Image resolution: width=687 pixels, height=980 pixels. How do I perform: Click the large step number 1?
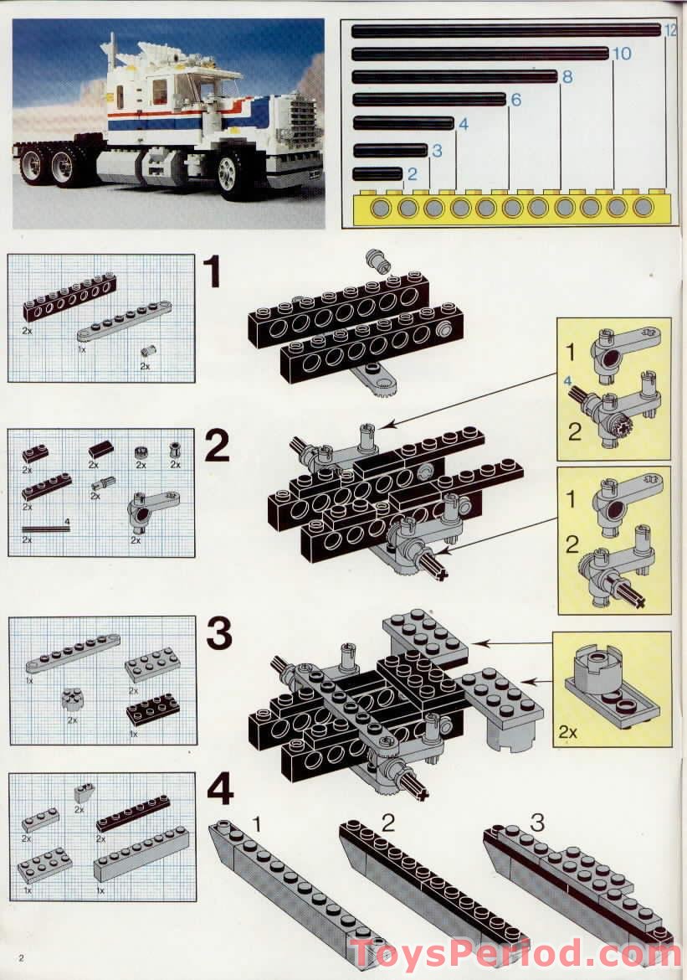coord(214,272)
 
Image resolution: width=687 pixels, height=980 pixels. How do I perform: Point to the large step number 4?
coord(219,790)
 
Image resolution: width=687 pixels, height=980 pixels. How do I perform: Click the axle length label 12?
coord(669,31)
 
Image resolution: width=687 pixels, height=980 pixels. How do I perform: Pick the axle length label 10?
coord(621,54)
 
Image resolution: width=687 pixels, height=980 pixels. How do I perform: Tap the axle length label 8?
coord(567,77)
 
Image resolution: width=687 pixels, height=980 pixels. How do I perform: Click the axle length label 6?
coord(515,101)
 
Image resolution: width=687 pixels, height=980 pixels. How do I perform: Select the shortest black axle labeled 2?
coord(377,174)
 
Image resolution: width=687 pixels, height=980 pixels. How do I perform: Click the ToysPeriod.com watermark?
coord(515,954)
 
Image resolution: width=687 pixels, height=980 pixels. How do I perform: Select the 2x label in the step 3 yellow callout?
coord(568,731)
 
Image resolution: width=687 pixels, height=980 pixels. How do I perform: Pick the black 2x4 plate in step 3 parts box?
coord(152,709)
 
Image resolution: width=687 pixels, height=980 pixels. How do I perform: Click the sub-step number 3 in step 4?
coord(536,822)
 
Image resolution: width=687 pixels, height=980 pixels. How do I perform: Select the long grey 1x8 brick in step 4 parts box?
coord(141,855)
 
